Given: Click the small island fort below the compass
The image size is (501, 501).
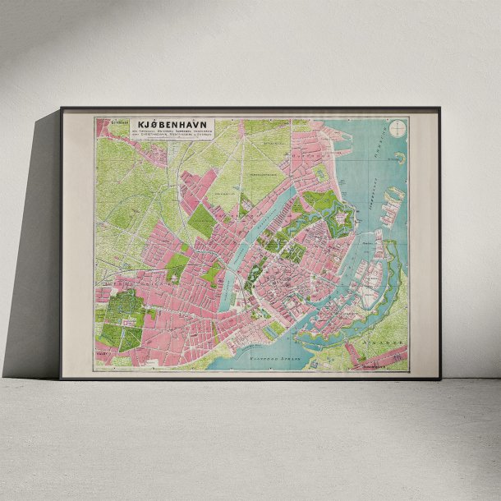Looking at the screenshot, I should (x=400, y=155).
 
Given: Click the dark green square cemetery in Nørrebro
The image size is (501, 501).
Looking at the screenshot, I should (x=201, y=221).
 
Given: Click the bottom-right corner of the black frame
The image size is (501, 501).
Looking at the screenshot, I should (x=439, y=378).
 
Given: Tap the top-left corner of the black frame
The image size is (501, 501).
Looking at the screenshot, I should (x=61, y=108).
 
